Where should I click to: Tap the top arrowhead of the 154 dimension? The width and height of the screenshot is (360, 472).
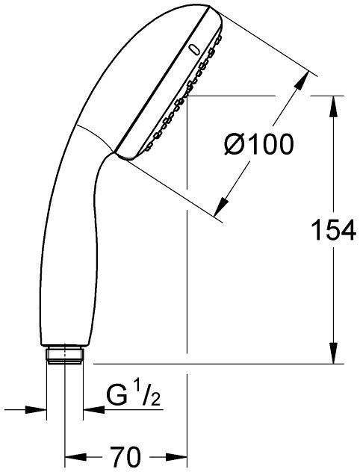click(332, 103)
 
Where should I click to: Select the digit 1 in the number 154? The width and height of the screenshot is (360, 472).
click(314, 232)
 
